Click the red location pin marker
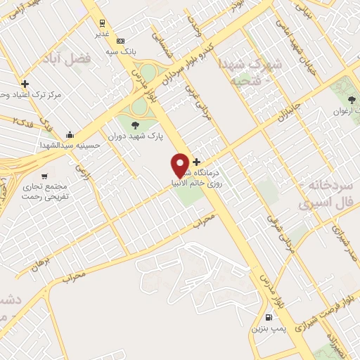(x=180, y=165)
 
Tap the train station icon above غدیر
(x=103, y=22)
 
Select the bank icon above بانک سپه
(x=120, y=41)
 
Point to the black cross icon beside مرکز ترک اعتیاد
(x=25, y=83)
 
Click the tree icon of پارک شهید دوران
(x=135, y=125)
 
